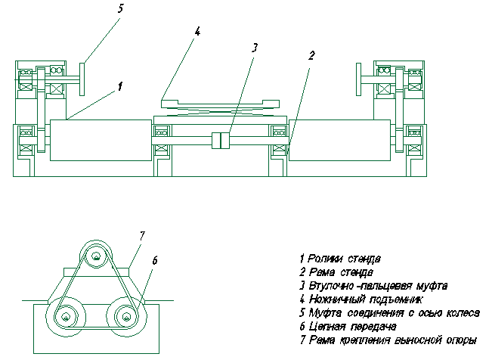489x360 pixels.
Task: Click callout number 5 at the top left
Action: (x=120, y=8)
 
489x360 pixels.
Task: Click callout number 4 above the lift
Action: (x=197, y=31)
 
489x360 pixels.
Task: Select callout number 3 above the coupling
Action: (x=255, y=48)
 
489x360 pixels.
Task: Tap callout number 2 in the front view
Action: (x=311, y=55)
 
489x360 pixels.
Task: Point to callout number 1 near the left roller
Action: (x=120, y=86)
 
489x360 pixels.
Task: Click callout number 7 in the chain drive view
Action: (x=142, y=236)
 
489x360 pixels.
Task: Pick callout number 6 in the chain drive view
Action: (x=155, y=260)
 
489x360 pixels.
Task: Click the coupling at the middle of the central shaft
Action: (x=221, y=141)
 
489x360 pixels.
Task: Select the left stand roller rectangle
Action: (x=101, y=140)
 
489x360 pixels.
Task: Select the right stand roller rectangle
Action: (x=339, y=140)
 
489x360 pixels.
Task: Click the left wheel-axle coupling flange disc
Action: (x=82, y=79)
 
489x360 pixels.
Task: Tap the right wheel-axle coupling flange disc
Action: (x=359, y=79)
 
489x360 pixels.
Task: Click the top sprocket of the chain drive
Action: (x=95, y=256)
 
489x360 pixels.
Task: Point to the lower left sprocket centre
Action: (x=66, y=317)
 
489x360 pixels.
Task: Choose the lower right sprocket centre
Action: (x=126, y=317)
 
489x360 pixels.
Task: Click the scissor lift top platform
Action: (x=220, y=104)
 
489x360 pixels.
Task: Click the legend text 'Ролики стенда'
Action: (x=344, y=259)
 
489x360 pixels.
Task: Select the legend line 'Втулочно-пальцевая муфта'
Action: (x=378, y=285)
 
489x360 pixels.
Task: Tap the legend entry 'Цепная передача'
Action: (x=352, y=326)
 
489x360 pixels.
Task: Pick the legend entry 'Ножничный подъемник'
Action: (x=366, y=299)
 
